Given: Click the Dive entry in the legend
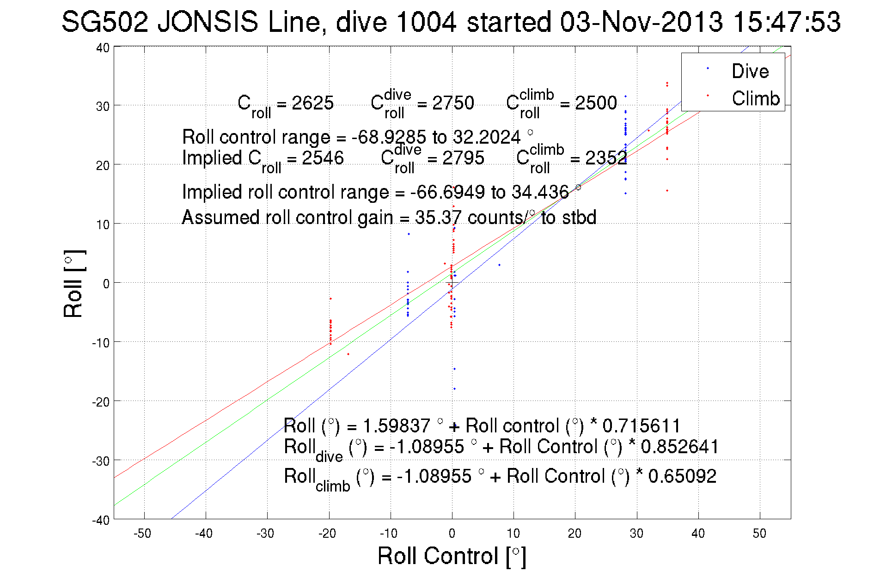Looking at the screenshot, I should (x=750, y=71).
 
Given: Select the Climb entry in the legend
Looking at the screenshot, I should (x=755, y=98).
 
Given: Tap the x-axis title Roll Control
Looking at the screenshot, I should (x=452, y=556).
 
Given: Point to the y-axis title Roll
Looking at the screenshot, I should (x=73, y=284).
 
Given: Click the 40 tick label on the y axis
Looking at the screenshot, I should (x=103, y=48).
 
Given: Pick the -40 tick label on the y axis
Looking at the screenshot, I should (x=101, y=520).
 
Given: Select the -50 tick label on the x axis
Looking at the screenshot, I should (x=142, y=534).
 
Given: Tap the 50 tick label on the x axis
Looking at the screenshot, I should (x=759, y=534).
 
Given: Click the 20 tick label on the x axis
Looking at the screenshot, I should (x=575, y=534).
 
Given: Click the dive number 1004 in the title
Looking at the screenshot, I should (x=426, y=22).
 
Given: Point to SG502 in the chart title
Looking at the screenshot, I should (x=105, y=22).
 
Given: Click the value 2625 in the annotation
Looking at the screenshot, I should (x=312, y=103).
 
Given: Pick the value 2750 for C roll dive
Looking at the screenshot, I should (x=453, y=103).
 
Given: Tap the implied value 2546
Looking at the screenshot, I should (x=323, y=158).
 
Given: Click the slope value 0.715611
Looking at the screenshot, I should (x=642, y=425).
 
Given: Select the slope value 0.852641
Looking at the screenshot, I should (x=680, y=447).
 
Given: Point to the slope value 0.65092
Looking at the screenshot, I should (x=682, y=476).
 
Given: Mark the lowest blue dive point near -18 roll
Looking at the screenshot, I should (x=454, y=389).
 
